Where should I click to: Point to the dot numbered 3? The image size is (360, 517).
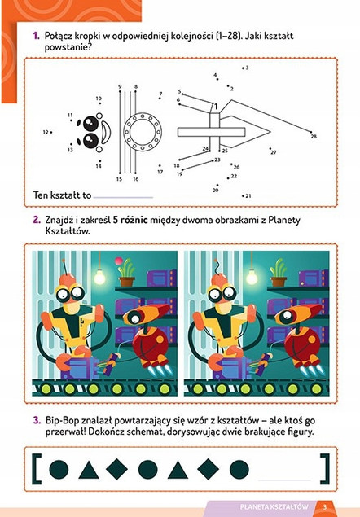[242, 68]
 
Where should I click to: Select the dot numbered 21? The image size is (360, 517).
[243, 195]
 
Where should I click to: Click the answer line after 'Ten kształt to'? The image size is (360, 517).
[123, 197]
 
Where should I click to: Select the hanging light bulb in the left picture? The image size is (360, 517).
[100, 276]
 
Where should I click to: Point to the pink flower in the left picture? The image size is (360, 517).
[125, 265]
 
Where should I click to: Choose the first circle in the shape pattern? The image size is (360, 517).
[59, 469]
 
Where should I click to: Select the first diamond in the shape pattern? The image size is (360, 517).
[117, 469]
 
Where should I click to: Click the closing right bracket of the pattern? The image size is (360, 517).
[325, 467]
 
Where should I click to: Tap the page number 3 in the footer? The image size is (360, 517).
[324, 508]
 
